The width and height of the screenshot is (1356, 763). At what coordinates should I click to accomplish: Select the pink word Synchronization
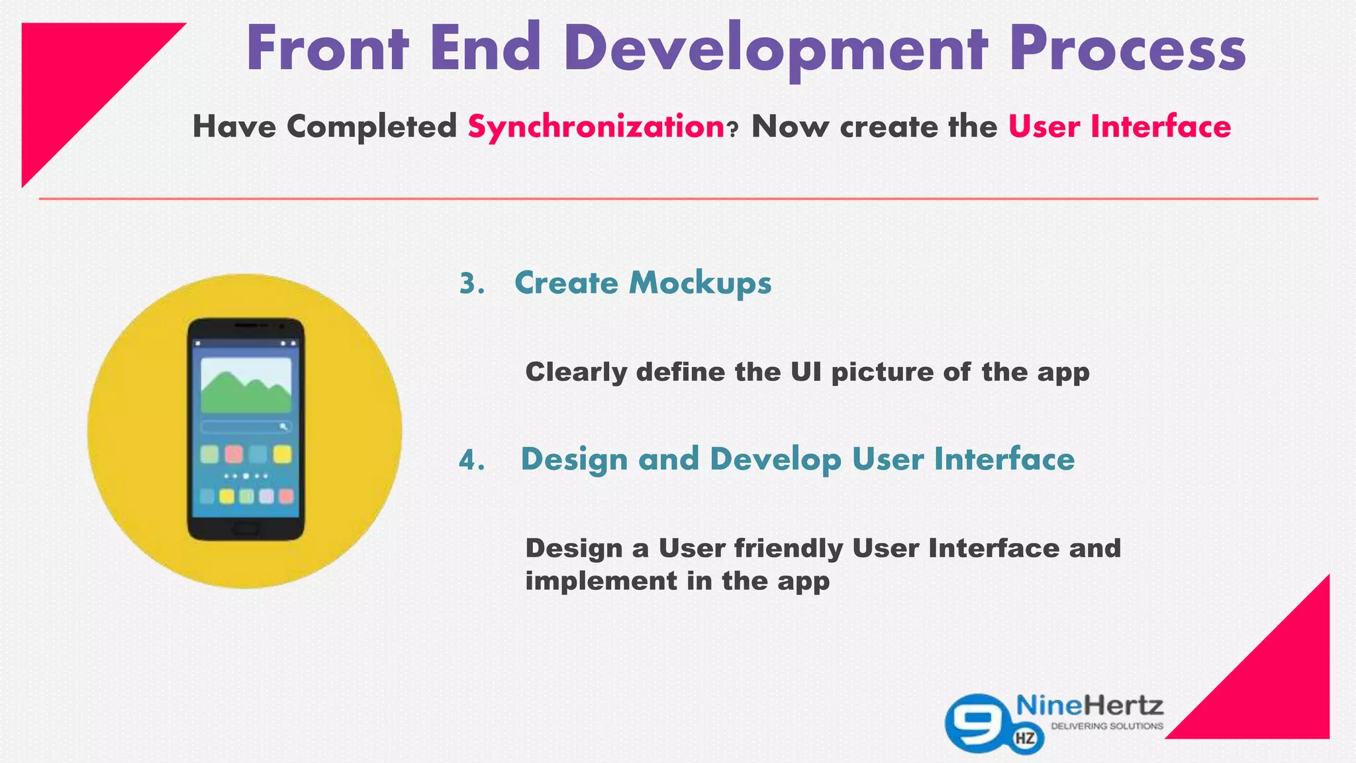tap(596, 127)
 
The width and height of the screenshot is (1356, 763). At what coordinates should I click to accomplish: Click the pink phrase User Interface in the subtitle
tap(1119, 127)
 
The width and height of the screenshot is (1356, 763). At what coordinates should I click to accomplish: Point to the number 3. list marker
tap(472, 283)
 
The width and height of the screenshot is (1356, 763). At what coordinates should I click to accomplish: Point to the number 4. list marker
tap(472, 460)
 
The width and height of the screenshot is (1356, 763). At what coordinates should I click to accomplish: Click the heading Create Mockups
tap(642, 283)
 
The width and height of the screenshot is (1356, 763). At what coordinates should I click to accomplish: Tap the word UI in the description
tap(805, 372)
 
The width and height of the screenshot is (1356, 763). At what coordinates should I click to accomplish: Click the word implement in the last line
tap(601, 582)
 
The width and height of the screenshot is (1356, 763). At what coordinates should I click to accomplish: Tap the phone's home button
tap(246, 528)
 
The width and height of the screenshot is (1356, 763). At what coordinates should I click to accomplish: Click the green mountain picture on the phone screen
tap(246, 387)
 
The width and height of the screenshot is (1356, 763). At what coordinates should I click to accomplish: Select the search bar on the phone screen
tap(246, 427)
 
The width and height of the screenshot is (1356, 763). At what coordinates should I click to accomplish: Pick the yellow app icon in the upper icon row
tap(283, 454)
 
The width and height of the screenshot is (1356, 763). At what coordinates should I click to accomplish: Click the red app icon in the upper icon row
tap(234, 454)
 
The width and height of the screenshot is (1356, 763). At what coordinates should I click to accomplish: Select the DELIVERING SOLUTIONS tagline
tap(1106, 727)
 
